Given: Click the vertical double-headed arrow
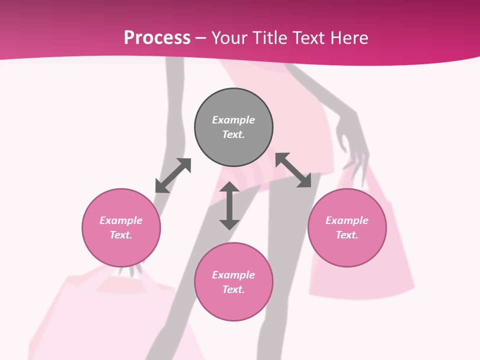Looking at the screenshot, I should point(229,205).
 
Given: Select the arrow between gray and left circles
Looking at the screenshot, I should point(173,175).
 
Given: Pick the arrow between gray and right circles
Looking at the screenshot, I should point(293,170).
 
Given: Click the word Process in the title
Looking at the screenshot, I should point(157,38).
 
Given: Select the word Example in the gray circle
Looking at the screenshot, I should point(233,120).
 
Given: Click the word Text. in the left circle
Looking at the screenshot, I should point(121,235).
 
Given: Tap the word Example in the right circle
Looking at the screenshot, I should point(347,220).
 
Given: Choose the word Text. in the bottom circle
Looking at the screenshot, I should point(233,289).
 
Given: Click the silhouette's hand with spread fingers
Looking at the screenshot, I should point(352,142).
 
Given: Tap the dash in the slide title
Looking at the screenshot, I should point(201,38).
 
